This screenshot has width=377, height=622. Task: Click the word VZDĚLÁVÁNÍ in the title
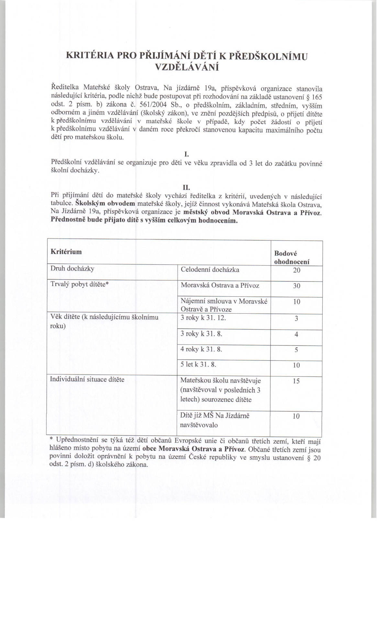187,67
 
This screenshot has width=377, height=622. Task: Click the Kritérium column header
66,252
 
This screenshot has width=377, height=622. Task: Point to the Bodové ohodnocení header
292,258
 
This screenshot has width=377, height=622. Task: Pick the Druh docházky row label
72,269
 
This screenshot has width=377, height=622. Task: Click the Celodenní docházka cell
210,270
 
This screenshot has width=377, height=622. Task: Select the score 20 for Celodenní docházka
296,270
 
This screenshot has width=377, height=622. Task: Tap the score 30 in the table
296,286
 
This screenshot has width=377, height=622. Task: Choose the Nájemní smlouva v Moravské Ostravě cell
224,305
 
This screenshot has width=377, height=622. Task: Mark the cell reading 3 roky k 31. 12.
203,318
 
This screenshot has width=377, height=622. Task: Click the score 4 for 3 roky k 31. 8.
296,334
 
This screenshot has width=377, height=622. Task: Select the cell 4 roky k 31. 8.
201,349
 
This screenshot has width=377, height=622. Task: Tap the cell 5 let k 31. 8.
198,364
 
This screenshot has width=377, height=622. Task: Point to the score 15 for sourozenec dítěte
296,381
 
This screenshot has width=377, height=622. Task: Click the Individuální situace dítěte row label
87,379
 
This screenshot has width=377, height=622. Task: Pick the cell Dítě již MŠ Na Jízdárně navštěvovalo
215,420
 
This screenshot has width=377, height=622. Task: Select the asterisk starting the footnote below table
51,440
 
